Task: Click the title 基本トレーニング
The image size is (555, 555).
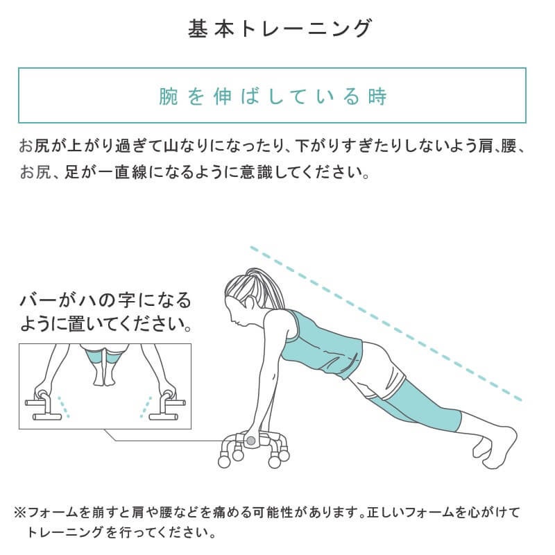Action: point(280,28)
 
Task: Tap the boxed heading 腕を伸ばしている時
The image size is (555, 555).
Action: point(273,96)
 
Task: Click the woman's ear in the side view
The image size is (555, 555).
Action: point(250,303)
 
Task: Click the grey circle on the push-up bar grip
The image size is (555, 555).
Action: point(250,441)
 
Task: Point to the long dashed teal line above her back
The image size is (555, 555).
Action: point(386,323)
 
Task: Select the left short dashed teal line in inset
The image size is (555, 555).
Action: point(64,407)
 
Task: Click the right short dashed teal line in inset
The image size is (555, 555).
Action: point(146,407)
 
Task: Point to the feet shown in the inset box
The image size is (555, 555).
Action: point(104,375)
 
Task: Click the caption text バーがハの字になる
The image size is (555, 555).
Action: point(105,301)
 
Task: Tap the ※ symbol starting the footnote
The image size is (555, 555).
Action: point(20,512)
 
